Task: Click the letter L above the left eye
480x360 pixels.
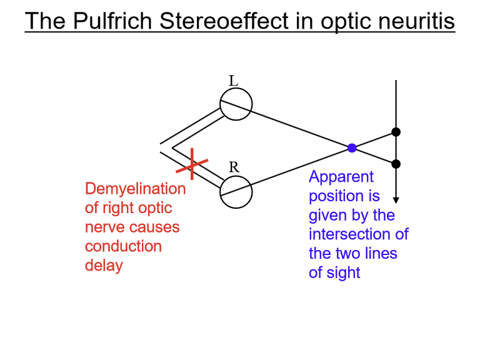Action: (x=233, y=81)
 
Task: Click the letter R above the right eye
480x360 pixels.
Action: (x=234, y=167)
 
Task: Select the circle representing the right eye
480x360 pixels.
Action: (x=236, y=191)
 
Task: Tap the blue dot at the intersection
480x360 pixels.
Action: (x=352, y=148)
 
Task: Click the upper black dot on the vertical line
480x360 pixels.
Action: (x=396, y=132)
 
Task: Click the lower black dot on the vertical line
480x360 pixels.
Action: (x=396, y=164)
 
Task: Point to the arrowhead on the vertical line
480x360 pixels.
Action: (x=396, y=199)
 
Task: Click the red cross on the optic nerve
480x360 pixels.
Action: (x=192, y=164)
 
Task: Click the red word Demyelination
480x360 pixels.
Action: (x=135, y=189)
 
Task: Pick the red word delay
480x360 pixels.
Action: (x=104, y=265)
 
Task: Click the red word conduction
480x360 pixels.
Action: (x=123, y=246)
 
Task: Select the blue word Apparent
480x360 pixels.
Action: (x=341, y=177)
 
